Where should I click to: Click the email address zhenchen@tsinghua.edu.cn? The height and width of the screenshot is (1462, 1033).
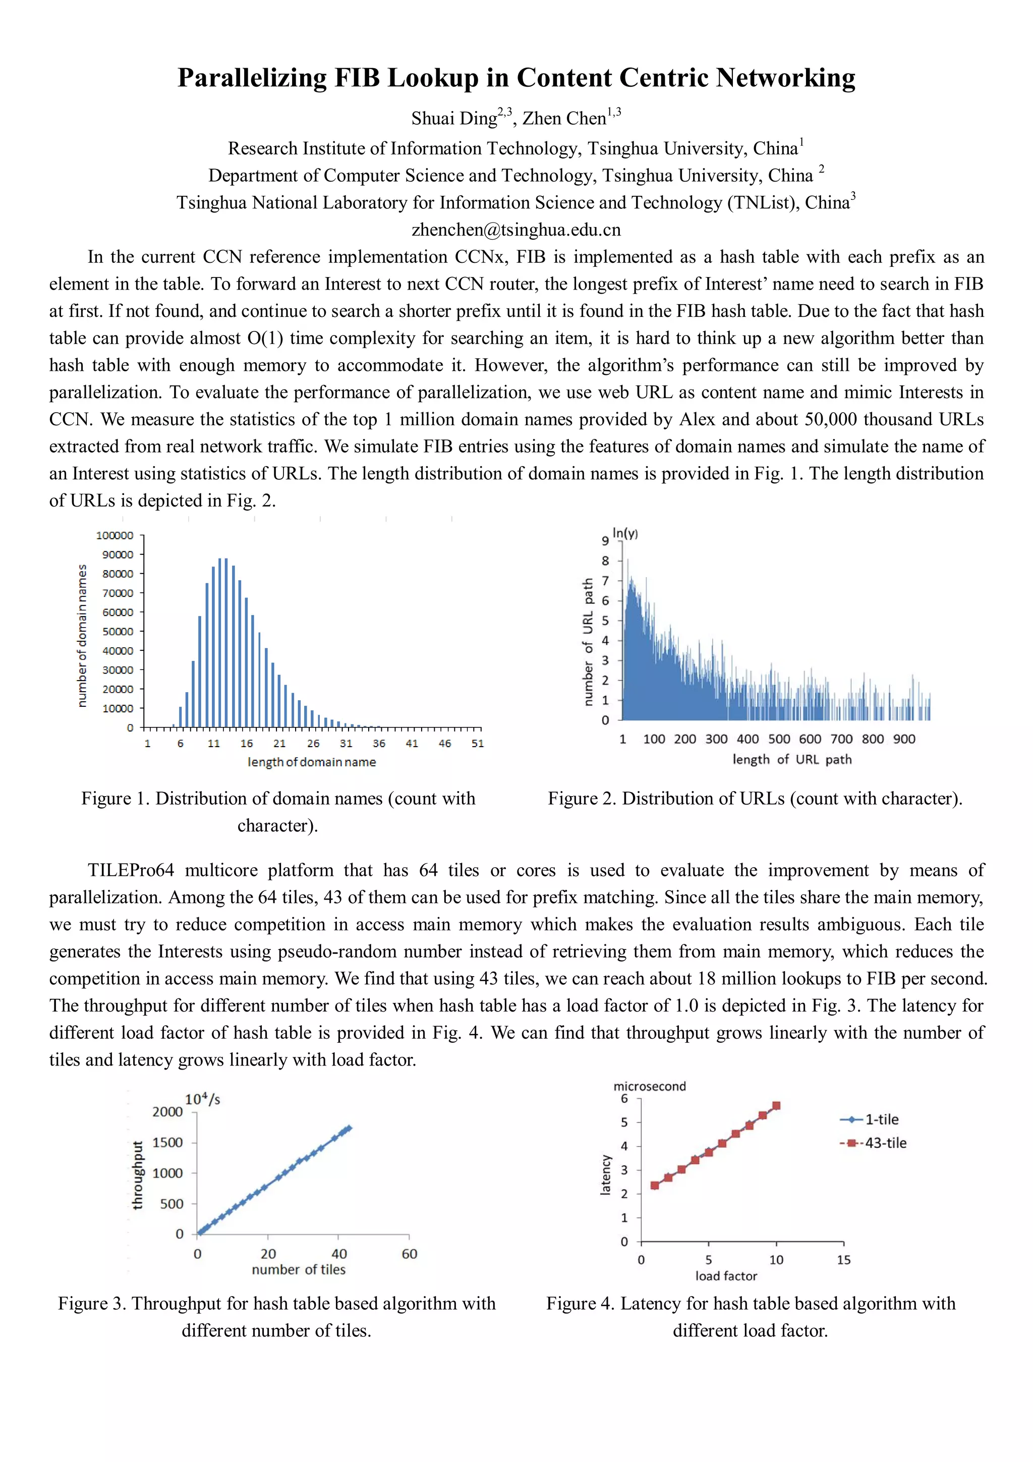point(515,230)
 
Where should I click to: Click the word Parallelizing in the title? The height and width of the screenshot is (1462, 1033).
point(251,78)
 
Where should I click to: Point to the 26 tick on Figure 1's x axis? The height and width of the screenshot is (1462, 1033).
point(313,743)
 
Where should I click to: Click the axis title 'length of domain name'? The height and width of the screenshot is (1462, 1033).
point(311,762)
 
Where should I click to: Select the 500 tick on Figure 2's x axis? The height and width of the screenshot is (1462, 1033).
point(779,739)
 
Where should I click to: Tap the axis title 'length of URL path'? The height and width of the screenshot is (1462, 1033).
point(792,759)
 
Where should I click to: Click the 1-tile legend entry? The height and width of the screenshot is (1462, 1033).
point(882,1119)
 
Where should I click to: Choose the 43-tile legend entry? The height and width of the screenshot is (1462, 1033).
point(885,1143)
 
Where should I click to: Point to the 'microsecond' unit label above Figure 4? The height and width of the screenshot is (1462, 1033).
point(649,1086)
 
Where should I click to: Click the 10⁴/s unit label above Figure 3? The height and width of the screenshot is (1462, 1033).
point(202,1099)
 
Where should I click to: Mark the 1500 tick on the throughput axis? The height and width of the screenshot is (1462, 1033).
point(167,1142)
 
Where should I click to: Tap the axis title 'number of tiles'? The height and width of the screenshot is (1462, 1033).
point(299,1270)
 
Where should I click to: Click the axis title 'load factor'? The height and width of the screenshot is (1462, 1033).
point(726,1276)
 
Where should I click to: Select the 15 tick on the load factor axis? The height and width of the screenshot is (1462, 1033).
point(843,1260)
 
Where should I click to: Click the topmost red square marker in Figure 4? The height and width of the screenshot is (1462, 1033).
point(776,1106)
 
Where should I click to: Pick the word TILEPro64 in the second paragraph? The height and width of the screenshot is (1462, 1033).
point(131,870)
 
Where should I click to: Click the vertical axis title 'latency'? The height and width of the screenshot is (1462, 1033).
point(605,1175)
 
